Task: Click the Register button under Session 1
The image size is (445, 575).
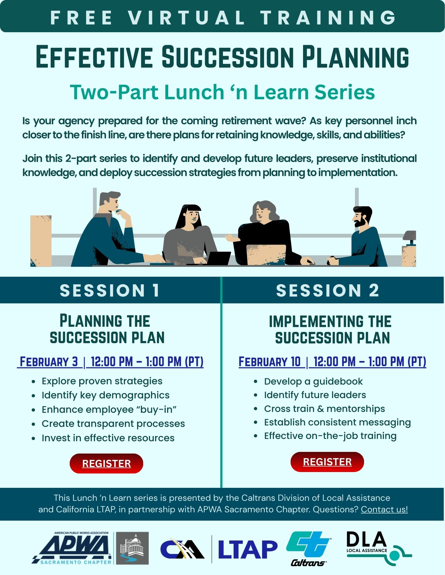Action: tap(106, 463)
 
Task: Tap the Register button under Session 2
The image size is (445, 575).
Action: tap(327, 462)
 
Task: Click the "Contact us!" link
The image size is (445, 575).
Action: tap(384, 509)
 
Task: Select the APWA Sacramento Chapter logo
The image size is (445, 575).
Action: tap(90, 548)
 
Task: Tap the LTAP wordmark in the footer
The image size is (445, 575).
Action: tap(248, 549)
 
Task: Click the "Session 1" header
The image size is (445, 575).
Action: tap(109, 290)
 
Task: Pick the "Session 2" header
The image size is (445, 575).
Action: tap(327, 290)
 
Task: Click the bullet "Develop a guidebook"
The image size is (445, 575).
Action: tap(313, 381)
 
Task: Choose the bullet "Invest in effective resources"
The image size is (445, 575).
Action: tap(108, 438)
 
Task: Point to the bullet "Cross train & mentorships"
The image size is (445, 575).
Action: tap(324, 409)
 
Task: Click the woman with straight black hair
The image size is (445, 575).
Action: tap(189, 234)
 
